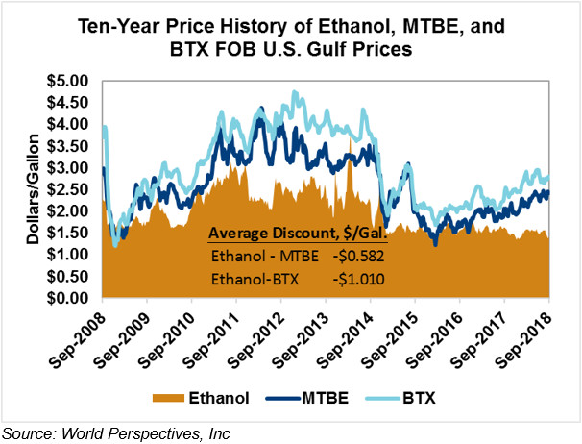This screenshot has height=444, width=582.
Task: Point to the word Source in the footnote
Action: tap(27, 432)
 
